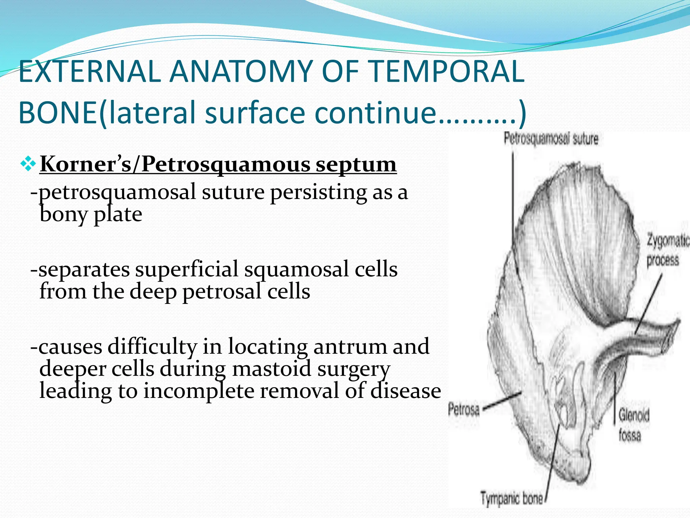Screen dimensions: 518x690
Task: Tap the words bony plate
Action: (x=91, y=214)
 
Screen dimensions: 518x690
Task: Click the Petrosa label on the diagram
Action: (x=464, y=410)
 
